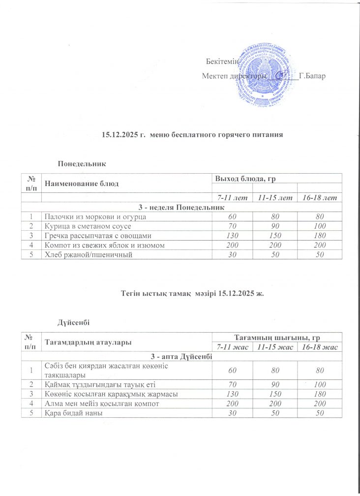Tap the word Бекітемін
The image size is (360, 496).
point(221,62)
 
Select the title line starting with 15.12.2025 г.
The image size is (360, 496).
point(192,134)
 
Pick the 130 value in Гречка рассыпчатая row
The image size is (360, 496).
point(232,235)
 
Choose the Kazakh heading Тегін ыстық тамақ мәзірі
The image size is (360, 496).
point(192,294)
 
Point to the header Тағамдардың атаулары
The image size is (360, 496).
point(88,342)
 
